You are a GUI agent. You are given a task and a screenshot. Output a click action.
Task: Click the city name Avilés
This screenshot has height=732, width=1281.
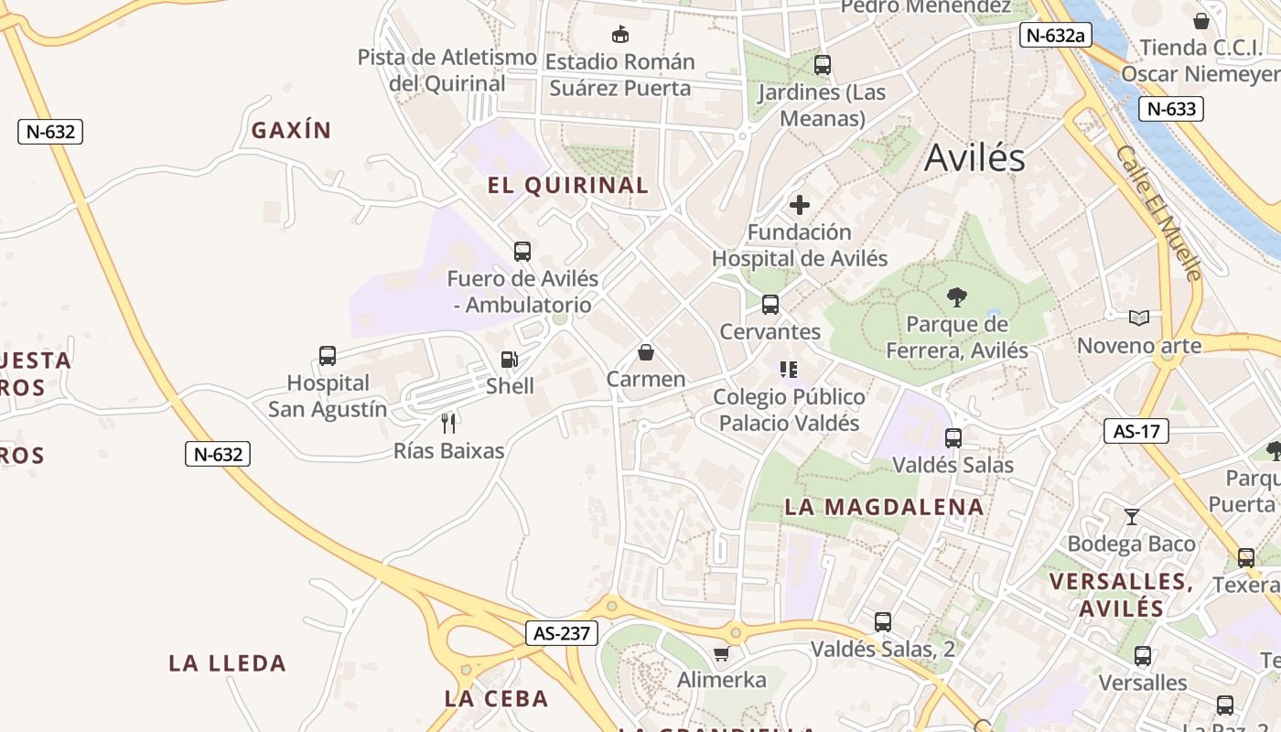click(974, 158)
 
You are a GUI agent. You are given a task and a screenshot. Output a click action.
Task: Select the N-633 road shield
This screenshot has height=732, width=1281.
click(1171, 109)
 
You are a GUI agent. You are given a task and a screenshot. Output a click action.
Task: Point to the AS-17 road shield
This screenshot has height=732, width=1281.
click(1136, 431)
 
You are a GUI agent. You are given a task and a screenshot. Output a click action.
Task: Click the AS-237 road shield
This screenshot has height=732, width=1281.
click(562, 632)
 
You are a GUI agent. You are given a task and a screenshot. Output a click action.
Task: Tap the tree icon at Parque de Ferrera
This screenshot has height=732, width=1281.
click(957, 296)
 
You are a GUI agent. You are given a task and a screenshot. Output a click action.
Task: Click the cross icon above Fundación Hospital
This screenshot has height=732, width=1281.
click(800, 205)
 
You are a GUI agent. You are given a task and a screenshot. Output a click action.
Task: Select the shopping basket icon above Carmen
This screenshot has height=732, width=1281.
click(646, 352)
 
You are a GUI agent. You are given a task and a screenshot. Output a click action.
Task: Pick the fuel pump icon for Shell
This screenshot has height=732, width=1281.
click(509, 360)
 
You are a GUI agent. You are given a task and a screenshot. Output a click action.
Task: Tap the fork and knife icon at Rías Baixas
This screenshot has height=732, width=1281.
click(448, 423)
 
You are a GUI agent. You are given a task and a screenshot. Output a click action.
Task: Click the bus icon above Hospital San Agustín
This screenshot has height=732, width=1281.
click(328, 356)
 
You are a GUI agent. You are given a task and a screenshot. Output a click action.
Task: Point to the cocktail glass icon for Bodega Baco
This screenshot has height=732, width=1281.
click(1131, 517)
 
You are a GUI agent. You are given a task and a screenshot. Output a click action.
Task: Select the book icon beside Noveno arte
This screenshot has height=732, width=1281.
click(1139, 318)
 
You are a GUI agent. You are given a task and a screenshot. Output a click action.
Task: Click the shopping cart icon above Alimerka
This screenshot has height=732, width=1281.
click(721, 653)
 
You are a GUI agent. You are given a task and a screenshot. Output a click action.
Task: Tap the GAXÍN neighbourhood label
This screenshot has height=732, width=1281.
click(291, 130)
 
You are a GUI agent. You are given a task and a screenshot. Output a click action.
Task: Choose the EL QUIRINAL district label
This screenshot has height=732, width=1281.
click(568, 186)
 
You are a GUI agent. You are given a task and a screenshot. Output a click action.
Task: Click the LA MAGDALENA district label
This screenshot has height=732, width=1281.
click(884, 507)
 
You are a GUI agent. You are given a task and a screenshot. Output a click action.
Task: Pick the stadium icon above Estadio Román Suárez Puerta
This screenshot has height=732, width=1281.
click(620, 35)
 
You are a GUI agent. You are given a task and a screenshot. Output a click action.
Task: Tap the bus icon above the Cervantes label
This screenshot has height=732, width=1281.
click(770, 305)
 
